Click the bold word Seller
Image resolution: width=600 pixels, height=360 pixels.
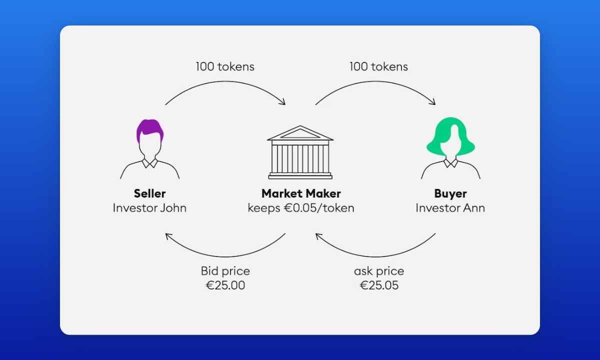[149, 193]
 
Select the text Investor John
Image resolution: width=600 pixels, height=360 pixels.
[149, 208]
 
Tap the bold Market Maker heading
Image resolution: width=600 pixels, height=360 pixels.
[301, 193]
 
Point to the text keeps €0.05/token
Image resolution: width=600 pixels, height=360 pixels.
[301, 208]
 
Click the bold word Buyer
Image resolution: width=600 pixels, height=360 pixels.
[450, 193]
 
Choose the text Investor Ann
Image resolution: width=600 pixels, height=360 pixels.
[450, 208]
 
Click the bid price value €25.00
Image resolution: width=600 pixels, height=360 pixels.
[225, 285]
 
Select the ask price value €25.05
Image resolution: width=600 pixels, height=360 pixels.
[379, 285]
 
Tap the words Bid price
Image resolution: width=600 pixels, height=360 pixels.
[225, 271]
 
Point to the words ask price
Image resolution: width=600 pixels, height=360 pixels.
[379, 271]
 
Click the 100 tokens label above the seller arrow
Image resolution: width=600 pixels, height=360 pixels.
[225, 66]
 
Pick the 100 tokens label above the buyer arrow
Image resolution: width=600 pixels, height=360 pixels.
[379, 66]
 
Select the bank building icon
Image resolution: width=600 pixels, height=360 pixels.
[300, 152]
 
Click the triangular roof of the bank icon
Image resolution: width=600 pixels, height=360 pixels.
[300, 133]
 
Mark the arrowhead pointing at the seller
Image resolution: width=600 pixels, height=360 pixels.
[168, 235]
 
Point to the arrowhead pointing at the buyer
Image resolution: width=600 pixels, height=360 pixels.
[433, 102]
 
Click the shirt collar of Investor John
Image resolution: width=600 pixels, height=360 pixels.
[149, 163]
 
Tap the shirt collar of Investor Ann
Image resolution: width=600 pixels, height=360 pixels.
[450, 163]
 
